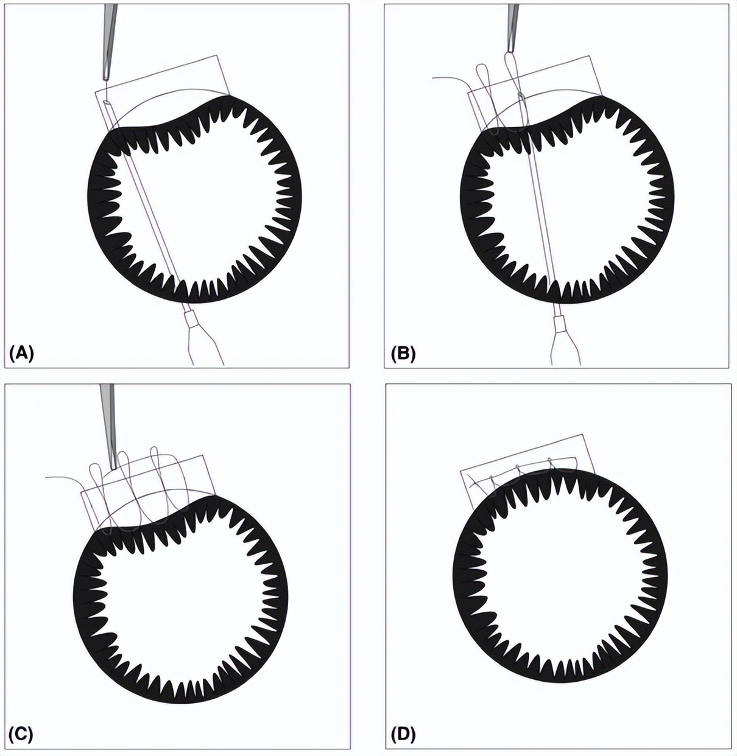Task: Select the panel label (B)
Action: point(403,353)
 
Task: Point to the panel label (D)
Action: point(403,733)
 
